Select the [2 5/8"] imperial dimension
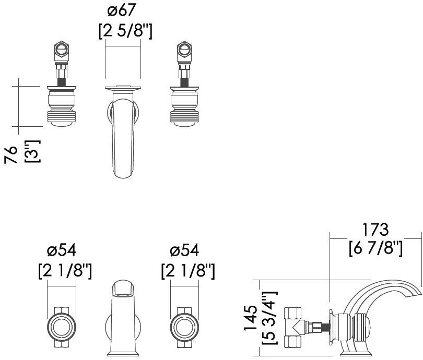tap(125, 31)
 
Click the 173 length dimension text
tap(375, 230)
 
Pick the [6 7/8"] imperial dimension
tap(375, 248)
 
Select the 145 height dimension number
tap(251, 319)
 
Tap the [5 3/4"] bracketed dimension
tap(269, 319)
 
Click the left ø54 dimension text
tap(62, 250)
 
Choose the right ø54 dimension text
tap(184, 250)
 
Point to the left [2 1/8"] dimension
tap(65, 271)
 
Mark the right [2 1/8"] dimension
tap(187, 271)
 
